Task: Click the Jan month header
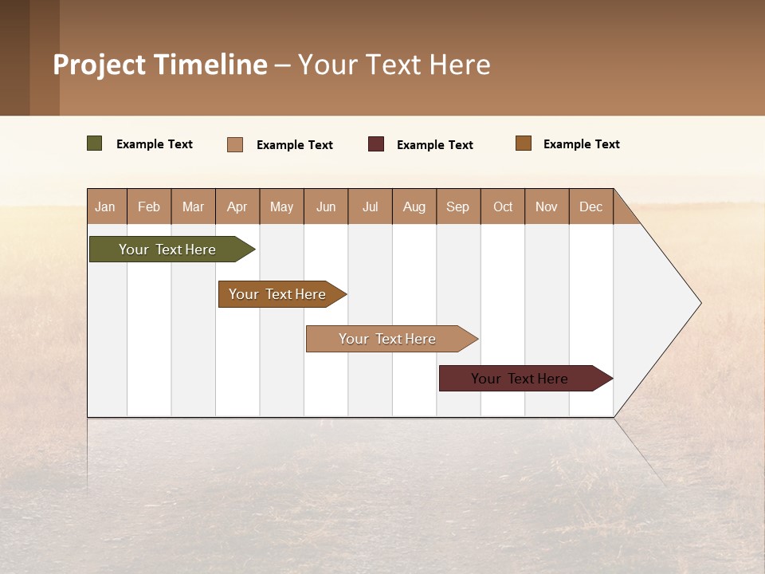click(106, 206)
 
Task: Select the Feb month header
click(149, 206)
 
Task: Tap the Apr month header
click(237, 206)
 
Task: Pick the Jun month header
click(326, 206)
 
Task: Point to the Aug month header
click(414, 206)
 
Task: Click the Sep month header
click(458, 206)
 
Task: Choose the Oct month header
click(503, 206)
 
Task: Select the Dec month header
click(591, 206)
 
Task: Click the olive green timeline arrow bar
click(167, 250)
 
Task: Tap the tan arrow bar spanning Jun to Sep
click(387, 339)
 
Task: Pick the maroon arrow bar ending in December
click(520, 379)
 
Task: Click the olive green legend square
click(95, 143)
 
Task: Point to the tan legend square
click(235, 144)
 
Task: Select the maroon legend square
click(376, 143)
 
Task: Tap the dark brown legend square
click(524, 143)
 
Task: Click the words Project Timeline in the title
click(159, 65)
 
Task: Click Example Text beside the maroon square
click(435, 145)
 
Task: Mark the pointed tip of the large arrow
click(699, 303)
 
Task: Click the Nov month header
click(547, 206)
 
